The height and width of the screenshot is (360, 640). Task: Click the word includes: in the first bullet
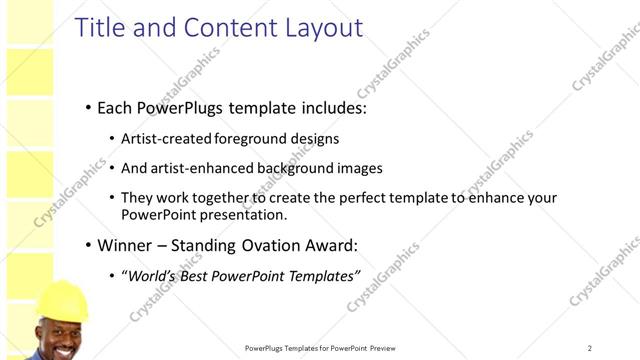tap(324, 107)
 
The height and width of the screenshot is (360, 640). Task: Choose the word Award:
tap(327, 245)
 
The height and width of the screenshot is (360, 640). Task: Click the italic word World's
tap(150, 275)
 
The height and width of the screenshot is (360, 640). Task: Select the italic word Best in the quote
tap(193, 275)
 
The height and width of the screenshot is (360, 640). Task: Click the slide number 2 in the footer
tap(589, 348)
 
